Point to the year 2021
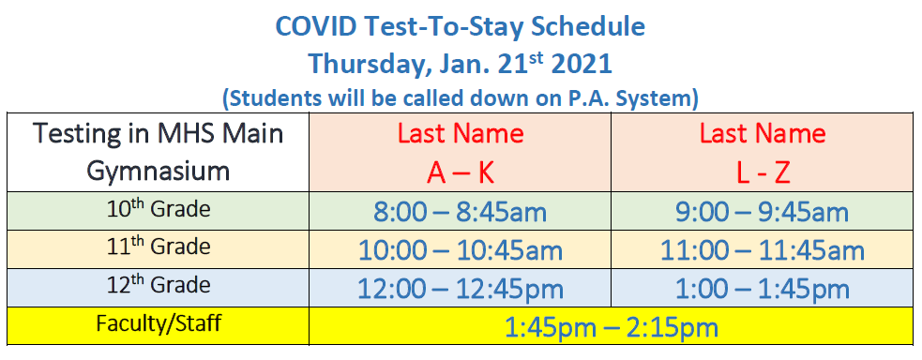click(582, 64)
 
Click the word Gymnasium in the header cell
click(158, 172)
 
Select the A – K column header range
click(461, 172)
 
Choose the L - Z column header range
click(763, 172)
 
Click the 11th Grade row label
click(159, 247)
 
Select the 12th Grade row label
click(159, 285)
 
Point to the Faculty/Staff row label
click(159, 323)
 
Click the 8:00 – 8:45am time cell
click(460, 212)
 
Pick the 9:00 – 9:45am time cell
click(762, 212)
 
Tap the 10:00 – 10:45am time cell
click(460, 250)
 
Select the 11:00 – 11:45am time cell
click(762, 250)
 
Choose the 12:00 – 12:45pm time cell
click(460, 289)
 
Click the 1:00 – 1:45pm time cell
click(762, 289)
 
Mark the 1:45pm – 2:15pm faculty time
click(611, 328)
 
